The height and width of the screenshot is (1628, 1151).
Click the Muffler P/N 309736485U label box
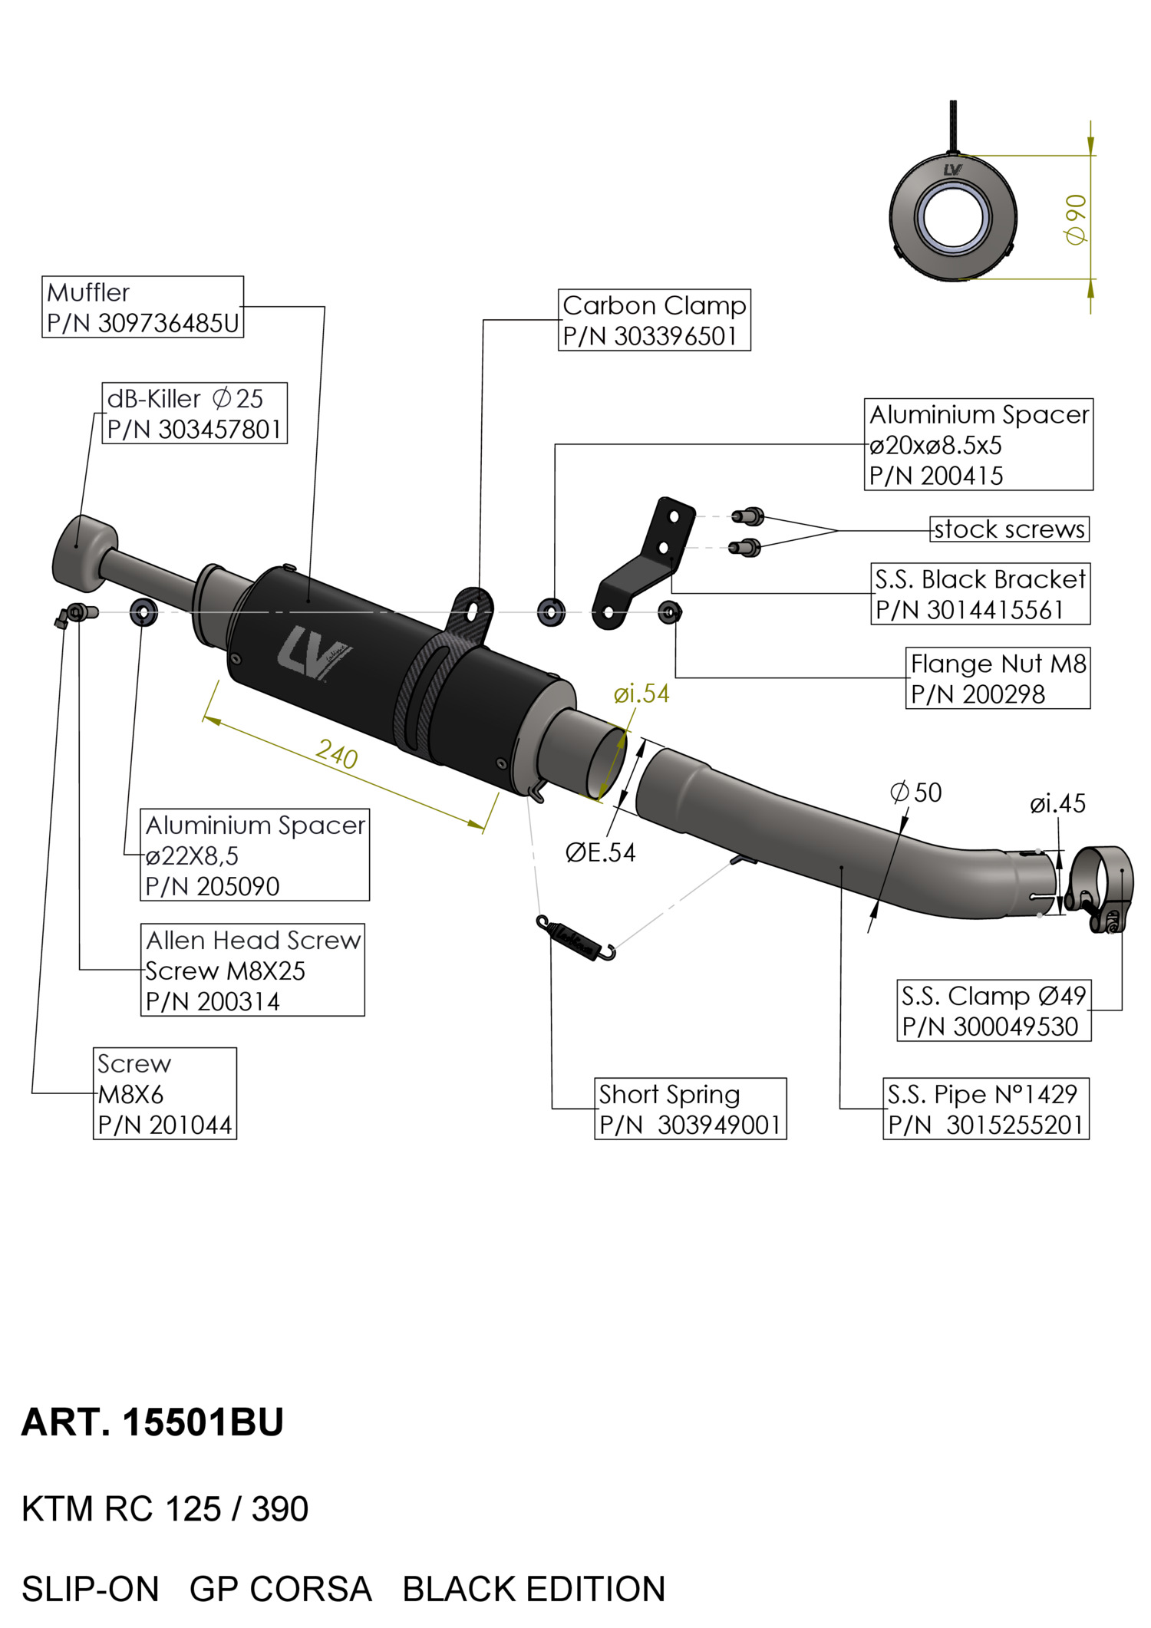[x=143, y=307]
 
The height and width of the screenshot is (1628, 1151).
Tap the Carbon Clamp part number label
[x=654, y=321]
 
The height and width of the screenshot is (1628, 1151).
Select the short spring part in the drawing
[x=576, y=938]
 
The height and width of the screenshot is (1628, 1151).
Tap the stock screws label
[x=1009, y=529]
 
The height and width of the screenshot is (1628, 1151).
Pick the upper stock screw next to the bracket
[x=747, y=516]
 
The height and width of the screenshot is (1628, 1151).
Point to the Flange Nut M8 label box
[x=998, y=678]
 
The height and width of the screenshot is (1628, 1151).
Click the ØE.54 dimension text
[x=600, y=852]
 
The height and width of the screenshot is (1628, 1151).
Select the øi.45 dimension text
[x=1057, y=804]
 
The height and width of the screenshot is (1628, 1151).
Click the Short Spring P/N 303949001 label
[x=690, y=1109]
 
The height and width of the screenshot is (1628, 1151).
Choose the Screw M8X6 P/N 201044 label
[x=164, y=1093]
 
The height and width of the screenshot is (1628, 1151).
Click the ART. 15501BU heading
[x=153, y=1422]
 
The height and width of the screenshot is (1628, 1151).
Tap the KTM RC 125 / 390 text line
[x=165, y=1509]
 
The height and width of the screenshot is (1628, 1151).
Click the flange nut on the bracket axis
[x=669, y=612]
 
